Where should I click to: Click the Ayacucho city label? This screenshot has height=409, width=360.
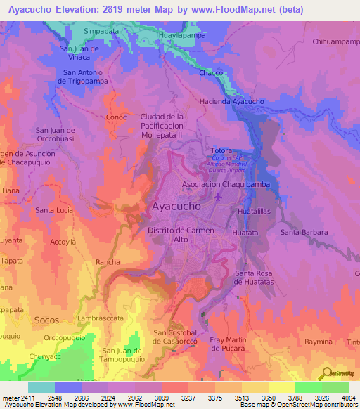[x=176, y=207]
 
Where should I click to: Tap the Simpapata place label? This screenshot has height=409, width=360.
[x=101, y=32]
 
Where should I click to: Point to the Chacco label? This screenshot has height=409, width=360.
[x=210, y=73]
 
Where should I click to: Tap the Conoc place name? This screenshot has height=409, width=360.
[x=116, y=117]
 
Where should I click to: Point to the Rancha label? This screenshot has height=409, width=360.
[x=108, y=262]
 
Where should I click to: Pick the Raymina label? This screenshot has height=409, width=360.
[x=318, y=341]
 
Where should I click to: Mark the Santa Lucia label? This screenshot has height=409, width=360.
[x=54, y=210]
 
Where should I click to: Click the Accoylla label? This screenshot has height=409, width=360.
[x=63, y=240]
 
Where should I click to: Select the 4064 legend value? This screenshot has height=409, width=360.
[x=348, y=397]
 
